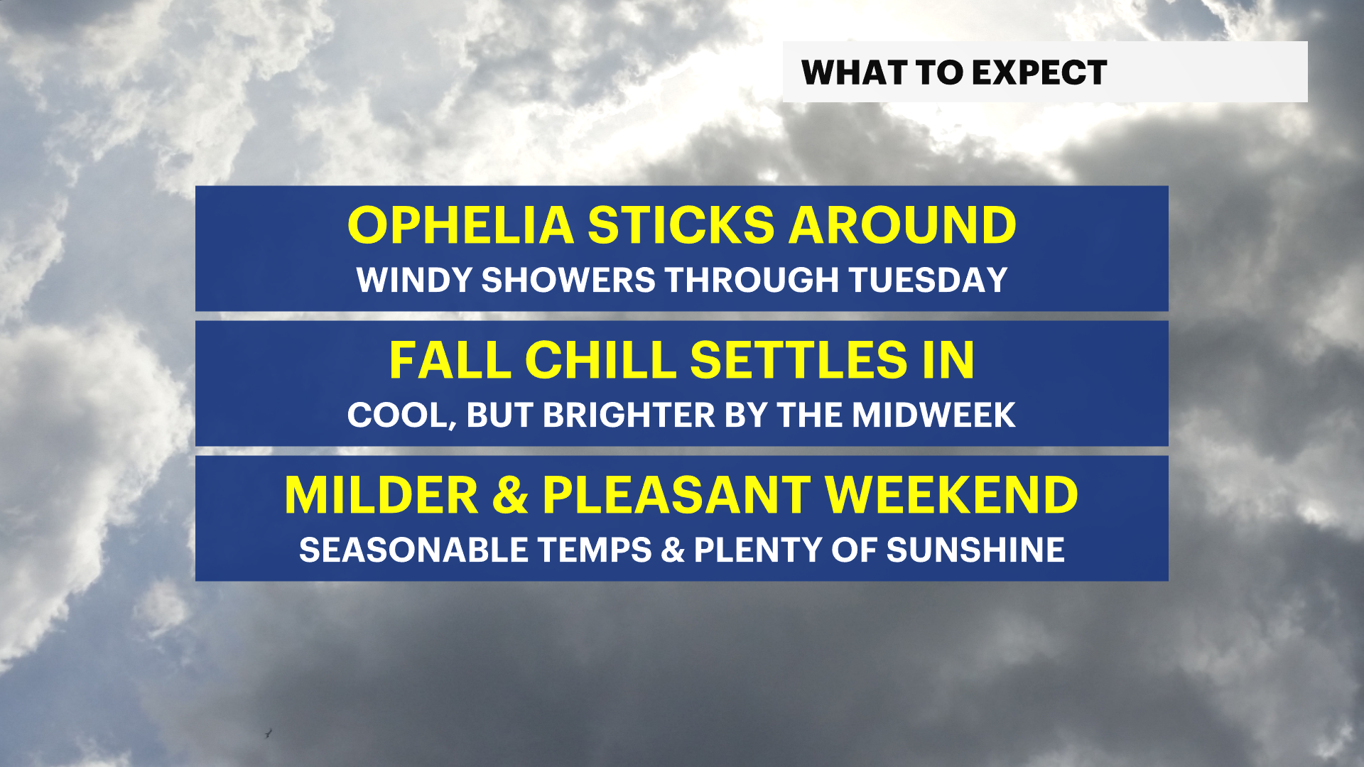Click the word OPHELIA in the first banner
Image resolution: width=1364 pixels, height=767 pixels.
click(x=460, y=226)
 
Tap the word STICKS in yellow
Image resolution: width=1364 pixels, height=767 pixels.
click(x=681, y=226)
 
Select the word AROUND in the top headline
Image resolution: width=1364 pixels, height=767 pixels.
click(x=902, y=226)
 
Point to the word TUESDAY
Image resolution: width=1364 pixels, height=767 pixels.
click(x=928, y=280)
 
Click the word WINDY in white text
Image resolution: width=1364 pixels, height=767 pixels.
click(x=414, y=280)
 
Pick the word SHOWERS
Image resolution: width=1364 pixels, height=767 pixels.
click(x=568, y=280)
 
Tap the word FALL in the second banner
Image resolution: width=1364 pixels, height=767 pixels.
click(x=450, y=361)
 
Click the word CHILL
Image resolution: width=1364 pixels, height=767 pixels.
click(x=600, y=361)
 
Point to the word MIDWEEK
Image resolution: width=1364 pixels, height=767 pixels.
click(x=933, y=415)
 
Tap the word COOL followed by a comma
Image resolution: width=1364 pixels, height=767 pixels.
click(x=401, y=415)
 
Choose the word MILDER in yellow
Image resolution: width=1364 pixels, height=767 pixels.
click(x=381, y=496)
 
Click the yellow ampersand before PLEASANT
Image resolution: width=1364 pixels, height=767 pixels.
click(x=510, y=496)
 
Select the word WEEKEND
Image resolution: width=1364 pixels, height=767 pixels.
click(x=951, y=496)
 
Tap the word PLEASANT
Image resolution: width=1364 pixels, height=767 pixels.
click(x=676, y=496)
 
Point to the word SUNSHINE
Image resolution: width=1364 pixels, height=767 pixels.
click(x=975, y=550)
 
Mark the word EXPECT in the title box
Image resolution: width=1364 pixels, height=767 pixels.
click(x=1039, y=72)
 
